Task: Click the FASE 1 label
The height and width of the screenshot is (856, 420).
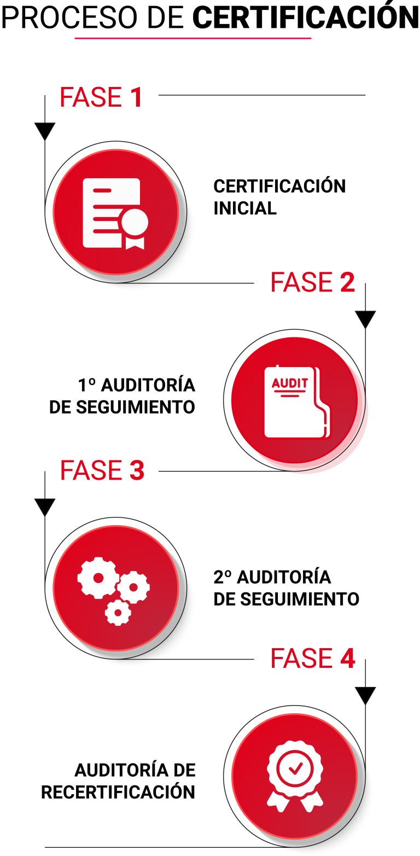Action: [101, 97]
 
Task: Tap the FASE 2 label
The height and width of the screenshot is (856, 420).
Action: [312, 282]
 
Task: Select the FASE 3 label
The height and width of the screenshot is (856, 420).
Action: [102, 471]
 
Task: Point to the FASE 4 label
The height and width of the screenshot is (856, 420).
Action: [312, 658]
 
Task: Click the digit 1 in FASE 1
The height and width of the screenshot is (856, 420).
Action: [136, 97]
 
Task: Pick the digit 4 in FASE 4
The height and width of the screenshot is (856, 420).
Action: [347, 658]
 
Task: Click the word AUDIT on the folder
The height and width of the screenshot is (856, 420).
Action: [289, 383]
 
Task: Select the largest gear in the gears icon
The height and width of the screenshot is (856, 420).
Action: [98, 578]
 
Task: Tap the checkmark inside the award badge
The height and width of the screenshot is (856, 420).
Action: [295, 769]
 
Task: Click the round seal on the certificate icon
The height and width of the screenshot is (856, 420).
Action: [135, 222]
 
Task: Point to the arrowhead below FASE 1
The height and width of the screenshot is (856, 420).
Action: [45, 131]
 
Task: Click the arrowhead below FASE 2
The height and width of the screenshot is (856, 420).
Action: [365, 319]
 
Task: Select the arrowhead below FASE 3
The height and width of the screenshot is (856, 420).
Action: [45, 507]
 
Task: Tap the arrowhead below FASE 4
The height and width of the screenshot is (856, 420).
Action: [365, 695]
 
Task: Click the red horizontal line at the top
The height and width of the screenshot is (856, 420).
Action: [192, 38]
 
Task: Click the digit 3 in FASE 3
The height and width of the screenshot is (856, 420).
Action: [137, 471]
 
